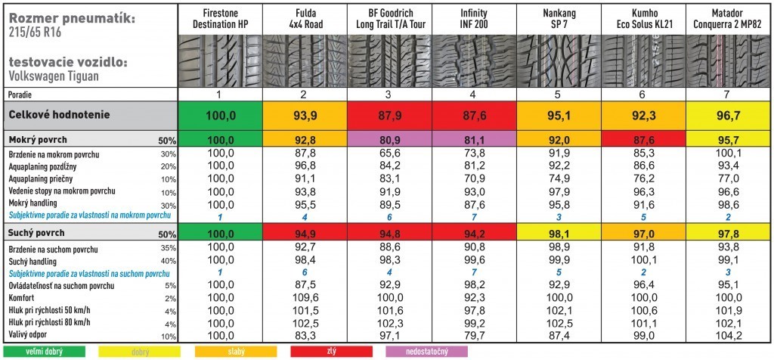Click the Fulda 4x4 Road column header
(304, 19)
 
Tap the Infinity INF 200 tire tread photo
(474, 60)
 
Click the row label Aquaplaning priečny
(43, 178)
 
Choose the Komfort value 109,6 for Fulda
(304, 298)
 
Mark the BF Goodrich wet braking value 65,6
(389, 154)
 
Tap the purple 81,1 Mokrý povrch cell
(474, 140)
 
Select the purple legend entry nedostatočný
(426, 352)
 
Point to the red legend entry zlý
(330, 352)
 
